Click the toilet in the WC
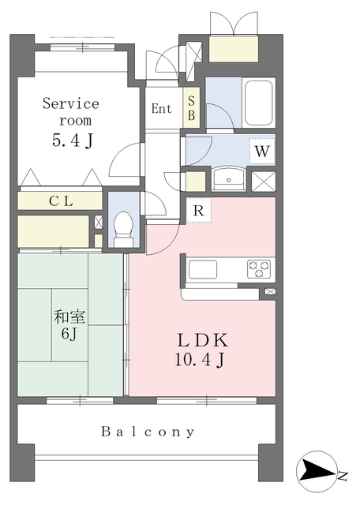(123, 228)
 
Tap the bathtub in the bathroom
(259, 103)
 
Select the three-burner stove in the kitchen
(260, 269)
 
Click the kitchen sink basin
(203, 270)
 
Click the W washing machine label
(261, 151)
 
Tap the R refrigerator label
(199, 211)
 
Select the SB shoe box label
(191, 108)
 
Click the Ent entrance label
(162, 109)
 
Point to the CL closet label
(62, 201)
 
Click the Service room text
(71, 112)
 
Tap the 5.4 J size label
(73, 140)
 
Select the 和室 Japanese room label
(69, 316)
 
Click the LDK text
(203, 340)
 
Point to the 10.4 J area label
(200, 360)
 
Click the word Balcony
(148, 432)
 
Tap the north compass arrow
(317, 472)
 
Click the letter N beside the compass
(343, 476)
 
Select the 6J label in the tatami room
(69, 334)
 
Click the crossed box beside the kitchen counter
(270, 292)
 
